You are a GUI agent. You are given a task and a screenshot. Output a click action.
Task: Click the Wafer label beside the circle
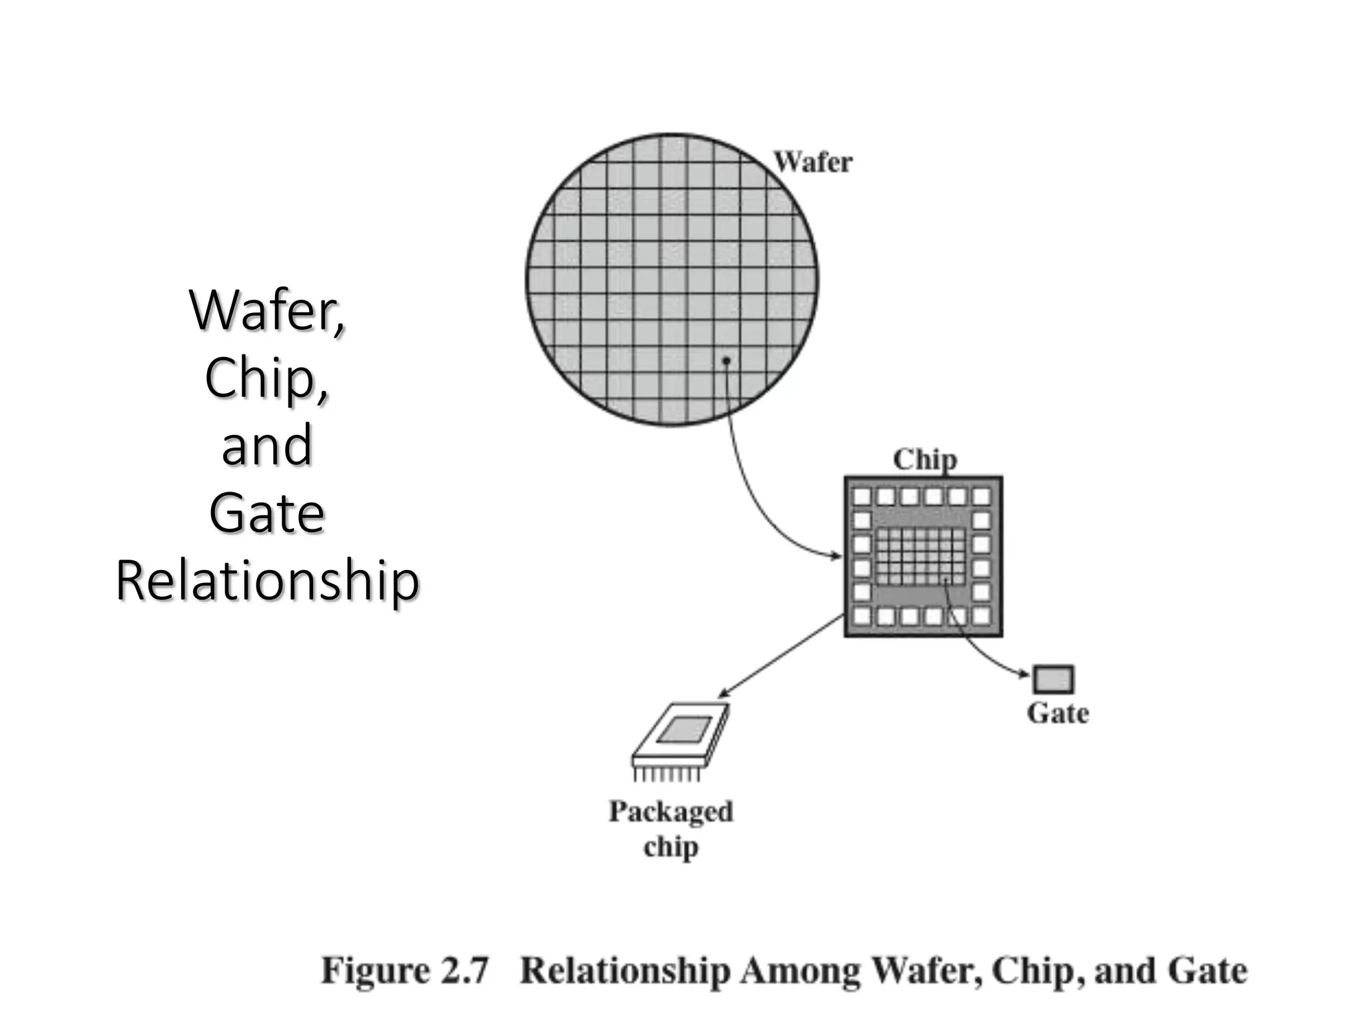tap(813, 163)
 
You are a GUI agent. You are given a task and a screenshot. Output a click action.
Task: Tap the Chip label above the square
tap(924, 460)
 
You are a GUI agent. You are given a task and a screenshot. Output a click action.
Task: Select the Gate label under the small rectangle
tap(1058, 713)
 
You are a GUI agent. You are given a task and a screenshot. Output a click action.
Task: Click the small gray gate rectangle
tap(1053, 680)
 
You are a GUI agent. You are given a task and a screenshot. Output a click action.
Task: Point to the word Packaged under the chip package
tap(671, 812)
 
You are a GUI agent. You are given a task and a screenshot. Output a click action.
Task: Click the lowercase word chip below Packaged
tap(671, 847)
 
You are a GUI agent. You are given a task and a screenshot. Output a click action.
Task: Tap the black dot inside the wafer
tap(727, 360)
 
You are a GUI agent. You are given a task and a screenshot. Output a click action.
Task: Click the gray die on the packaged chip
tap(685, 730)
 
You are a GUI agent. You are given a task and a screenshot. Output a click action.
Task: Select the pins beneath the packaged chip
tap(667, 775)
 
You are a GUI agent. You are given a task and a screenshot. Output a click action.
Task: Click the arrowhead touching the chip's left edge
tap(837, 556)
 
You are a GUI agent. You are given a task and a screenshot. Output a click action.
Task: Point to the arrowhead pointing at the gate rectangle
tap(1026, 675)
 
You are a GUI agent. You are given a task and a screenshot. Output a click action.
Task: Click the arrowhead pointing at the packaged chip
tap(724, 695)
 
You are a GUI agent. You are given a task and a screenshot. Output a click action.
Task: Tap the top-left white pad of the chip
tap(862, 496)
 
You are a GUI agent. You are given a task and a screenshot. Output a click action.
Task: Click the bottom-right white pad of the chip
tap(981, 615)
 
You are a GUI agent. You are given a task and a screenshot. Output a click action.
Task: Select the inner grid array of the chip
tap(920, 555)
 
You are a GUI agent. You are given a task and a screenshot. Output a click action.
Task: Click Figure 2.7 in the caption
tap(405, 970)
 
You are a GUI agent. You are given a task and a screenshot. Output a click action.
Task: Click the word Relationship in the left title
tap(267, 581)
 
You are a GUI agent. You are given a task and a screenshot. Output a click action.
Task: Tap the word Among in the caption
tap(800, 970)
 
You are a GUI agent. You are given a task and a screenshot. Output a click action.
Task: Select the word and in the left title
tap(267, 446)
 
